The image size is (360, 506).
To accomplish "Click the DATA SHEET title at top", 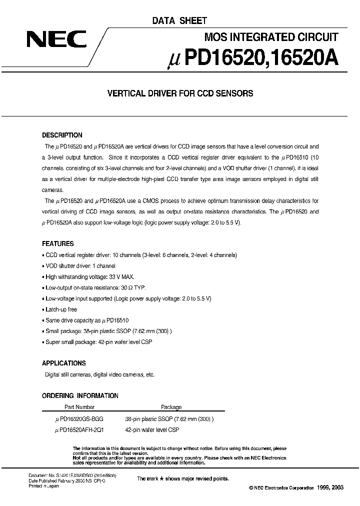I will [178, 20].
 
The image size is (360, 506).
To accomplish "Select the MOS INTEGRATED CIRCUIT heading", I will [271, 36].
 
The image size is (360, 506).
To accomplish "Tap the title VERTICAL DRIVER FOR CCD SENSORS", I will [180, 93].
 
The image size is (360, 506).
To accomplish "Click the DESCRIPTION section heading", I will [62, 135].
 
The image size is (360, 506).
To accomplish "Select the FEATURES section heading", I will [57, 244].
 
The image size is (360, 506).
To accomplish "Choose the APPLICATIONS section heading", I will [63, 363].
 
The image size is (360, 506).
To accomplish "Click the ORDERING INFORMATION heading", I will [80, 396].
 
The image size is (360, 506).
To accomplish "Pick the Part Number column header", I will [79, 407].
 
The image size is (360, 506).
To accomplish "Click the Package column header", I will [171, 407].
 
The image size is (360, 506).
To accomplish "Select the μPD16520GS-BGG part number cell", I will [80, 419].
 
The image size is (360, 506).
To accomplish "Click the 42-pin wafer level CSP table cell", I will [152, 430].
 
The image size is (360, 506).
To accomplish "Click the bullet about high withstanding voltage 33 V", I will [89, 276].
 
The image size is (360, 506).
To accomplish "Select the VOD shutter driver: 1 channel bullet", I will [79, 266].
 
